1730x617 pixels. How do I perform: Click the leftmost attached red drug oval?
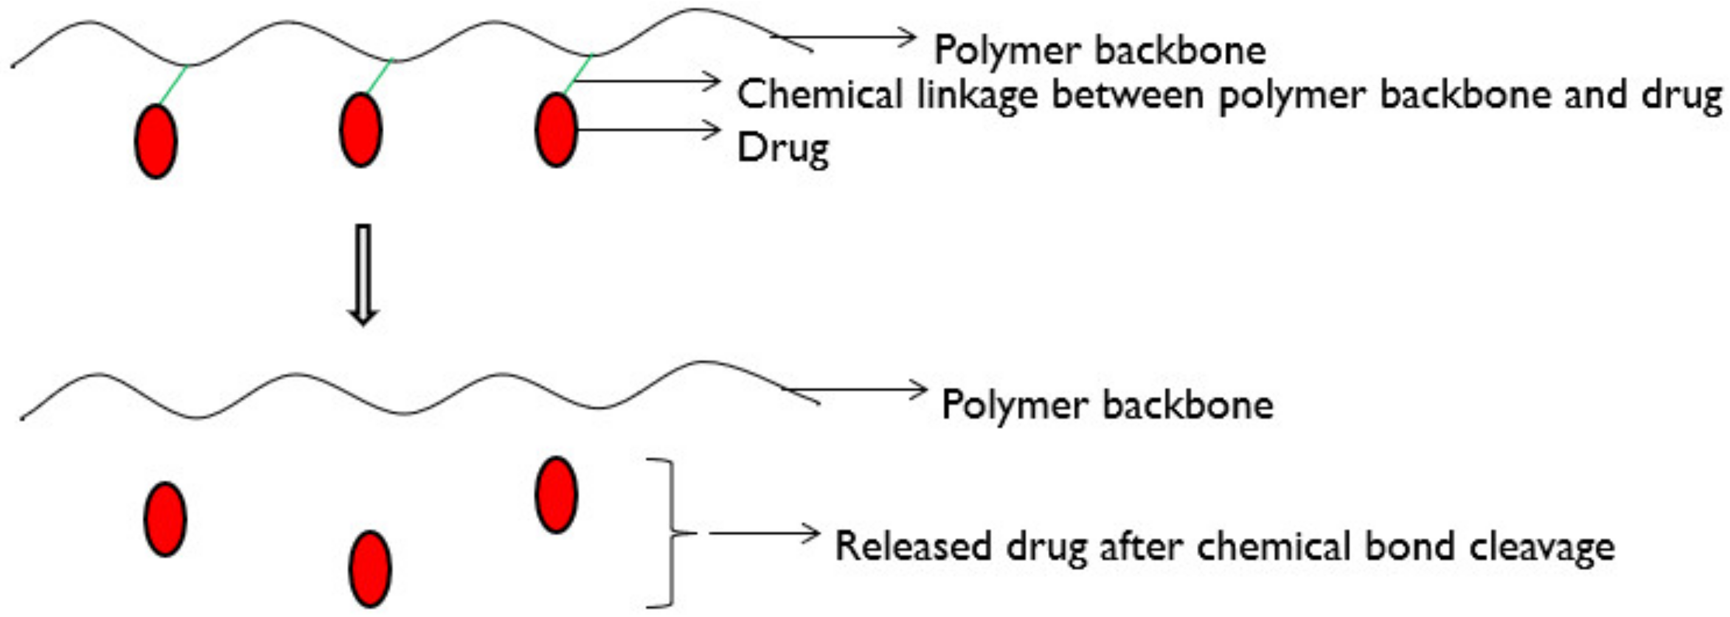coord(156,141)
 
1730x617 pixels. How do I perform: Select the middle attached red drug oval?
coord(361,130)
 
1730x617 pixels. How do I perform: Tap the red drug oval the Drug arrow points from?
coord(555,130)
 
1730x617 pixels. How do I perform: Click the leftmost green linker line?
coord(173,85)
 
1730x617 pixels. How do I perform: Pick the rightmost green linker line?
coord(578,74)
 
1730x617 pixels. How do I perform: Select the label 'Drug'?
coord(783,148)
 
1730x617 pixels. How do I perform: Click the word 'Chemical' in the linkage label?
coord(819,94)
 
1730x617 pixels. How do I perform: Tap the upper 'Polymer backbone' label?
coord(1100,51)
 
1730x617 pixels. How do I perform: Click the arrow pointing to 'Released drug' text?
coord(764,534)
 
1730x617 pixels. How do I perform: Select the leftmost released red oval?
coord(165,519)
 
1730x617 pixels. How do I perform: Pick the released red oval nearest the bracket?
coord(556,495)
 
